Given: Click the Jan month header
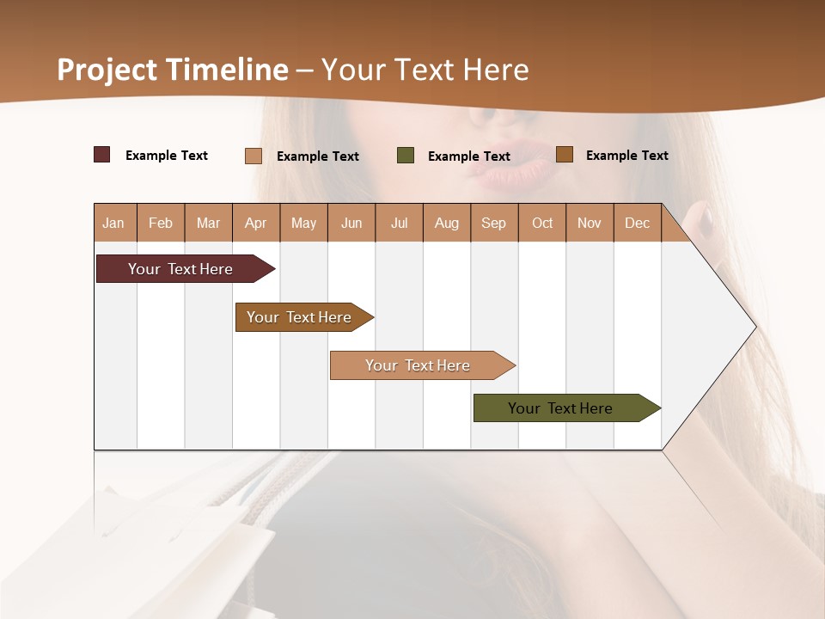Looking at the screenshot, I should (x=113, y=223).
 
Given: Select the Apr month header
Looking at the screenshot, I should (x=255, y=223).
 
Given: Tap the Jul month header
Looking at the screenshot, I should (x=399, y=223).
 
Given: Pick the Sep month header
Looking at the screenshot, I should (x=493, y=223).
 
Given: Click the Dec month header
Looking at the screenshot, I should (x=637, y=223).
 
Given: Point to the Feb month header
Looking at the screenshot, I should (x=161, y=223).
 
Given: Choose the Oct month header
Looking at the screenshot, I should (x=542, y=223).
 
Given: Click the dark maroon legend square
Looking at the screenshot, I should (x=101, y=155).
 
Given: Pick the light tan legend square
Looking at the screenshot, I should (x=253, y=156).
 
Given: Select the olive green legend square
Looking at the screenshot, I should (x=406, y=156).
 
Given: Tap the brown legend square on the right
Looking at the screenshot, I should (x=564, y=155).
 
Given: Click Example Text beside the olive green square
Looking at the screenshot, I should (x=468, y=156).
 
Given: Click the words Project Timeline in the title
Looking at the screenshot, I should (x=172, y=70).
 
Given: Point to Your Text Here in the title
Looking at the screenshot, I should (x=425, y=70).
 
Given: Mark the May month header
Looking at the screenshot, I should (x=303, y=223).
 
